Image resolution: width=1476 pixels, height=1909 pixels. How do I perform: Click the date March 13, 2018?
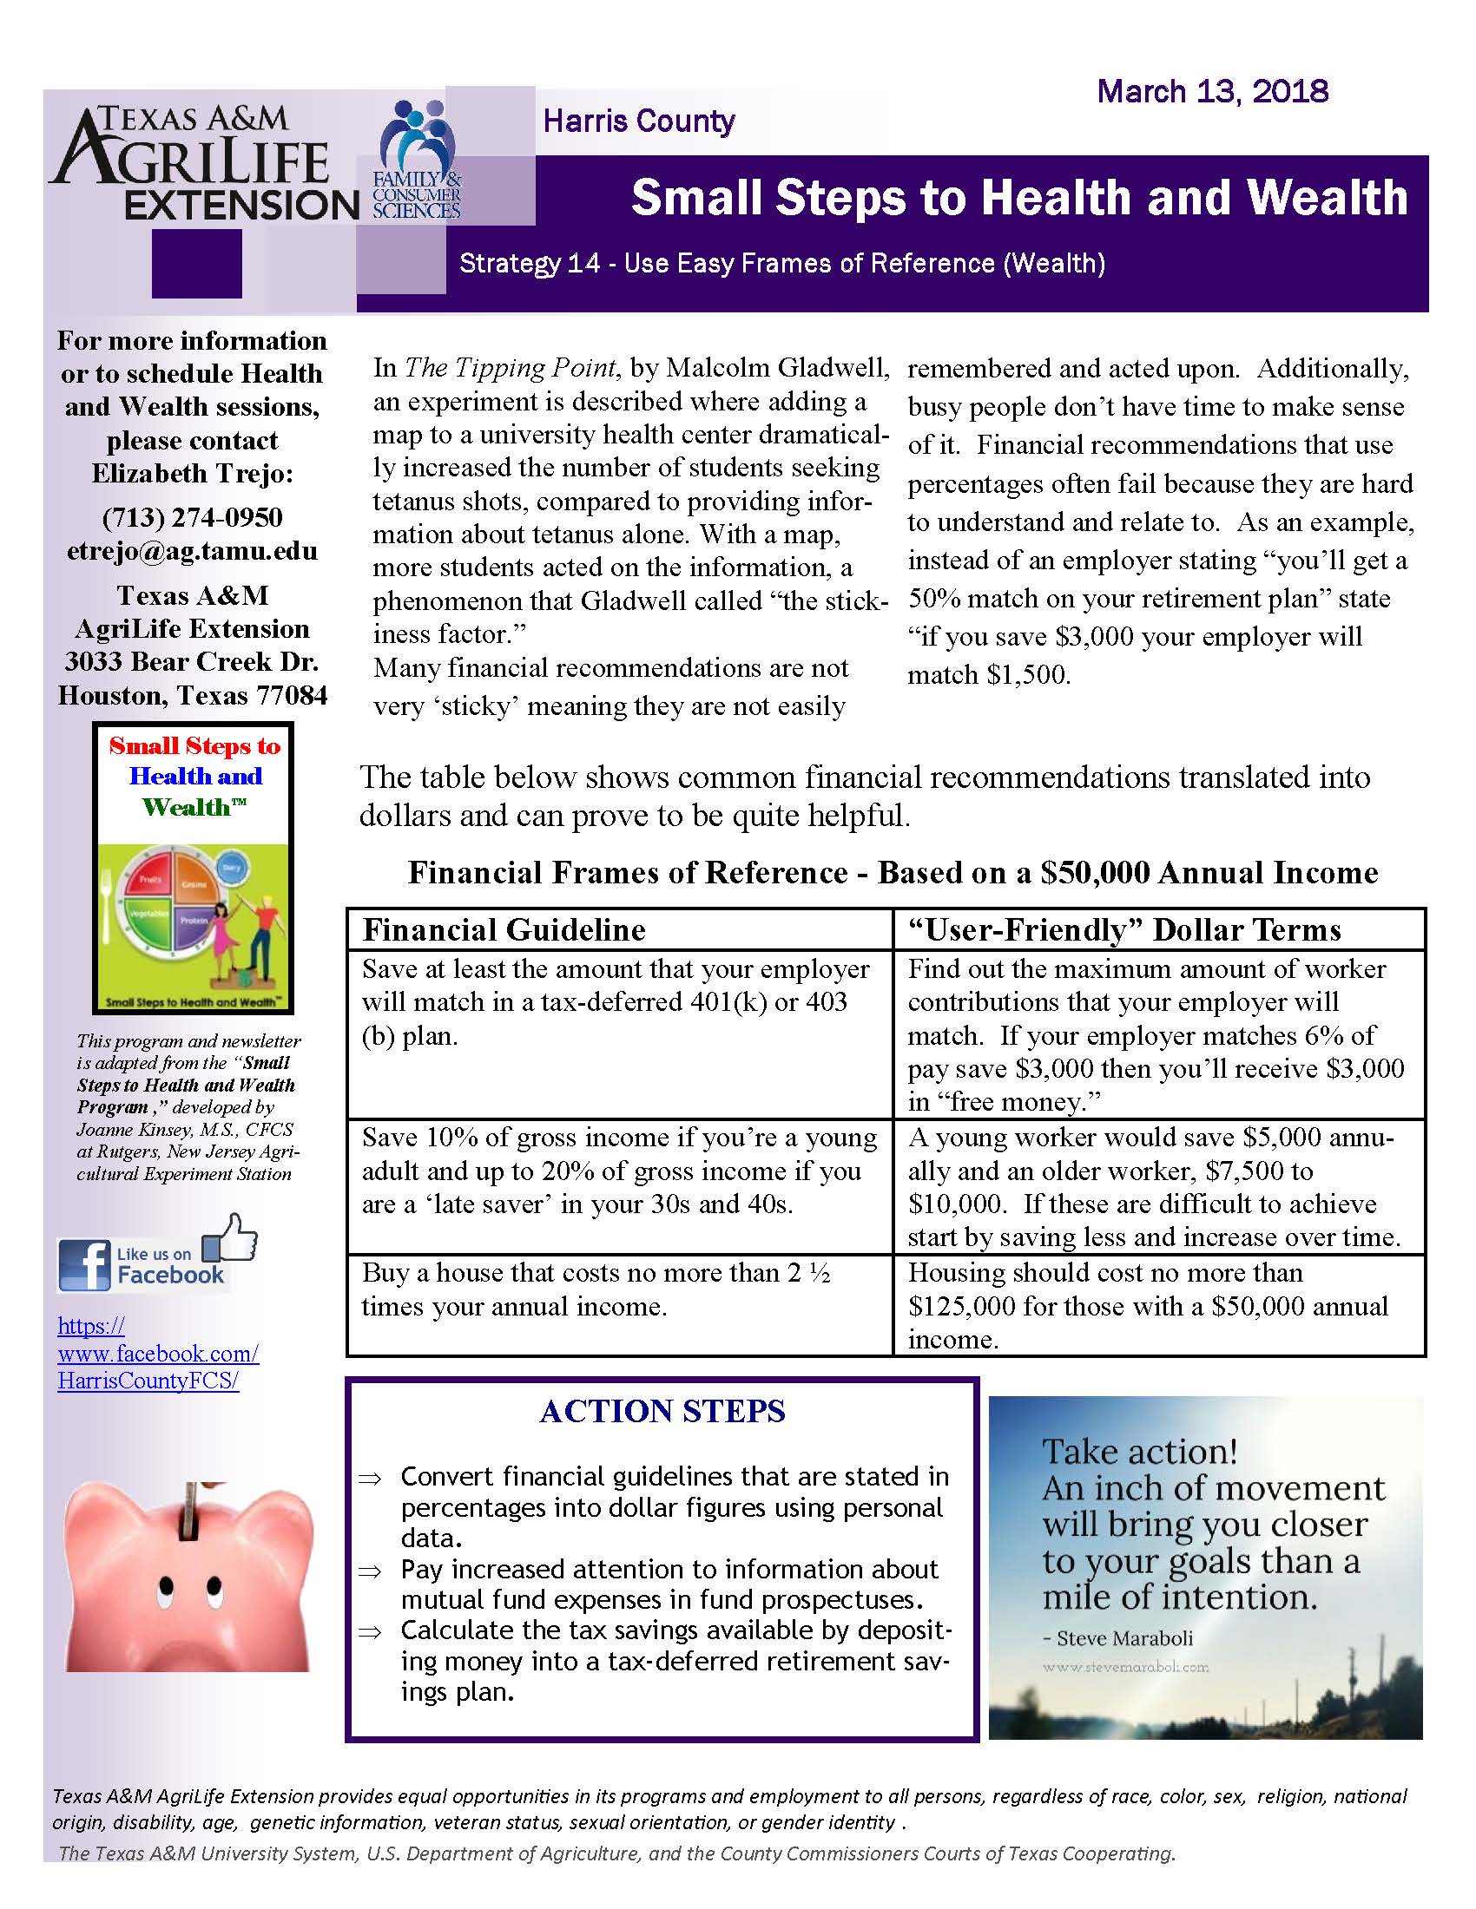(x=1212, y=91)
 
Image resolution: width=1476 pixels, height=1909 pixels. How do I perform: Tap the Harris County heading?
(x=638, y=121)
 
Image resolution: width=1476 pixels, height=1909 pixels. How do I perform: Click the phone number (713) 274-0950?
(x=193, y=517)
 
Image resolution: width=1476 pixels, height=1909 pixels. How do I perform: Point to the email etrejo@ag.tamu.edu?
(x=193, y=551)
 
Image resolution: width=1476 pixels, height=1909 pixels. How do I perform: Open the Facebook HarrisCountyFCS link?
(x=157, y=1353)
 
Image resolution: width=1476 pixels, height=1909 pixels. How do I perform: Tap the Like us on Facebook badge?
(x=157, y=1257)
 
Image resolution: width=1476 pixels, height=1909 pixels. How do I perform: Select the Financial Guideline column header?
(x=504, y=929)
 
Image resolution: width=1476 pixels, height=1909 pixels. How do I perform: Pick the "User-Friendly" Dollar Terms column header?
(x=1124, y=929)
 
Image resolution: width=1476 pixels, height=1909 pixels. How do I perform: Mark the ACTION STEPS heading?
(x=662, y=1412)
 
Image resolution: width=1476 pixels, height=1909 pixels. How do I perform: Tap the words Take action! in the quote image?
(x=1139, y=1452)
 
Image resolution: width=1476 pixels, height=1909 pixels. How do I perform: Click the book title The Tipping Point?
(x=511, y=367)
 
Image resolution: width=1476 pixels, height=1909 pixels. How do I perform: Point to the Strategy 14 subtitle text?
(x=781, y=263)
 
